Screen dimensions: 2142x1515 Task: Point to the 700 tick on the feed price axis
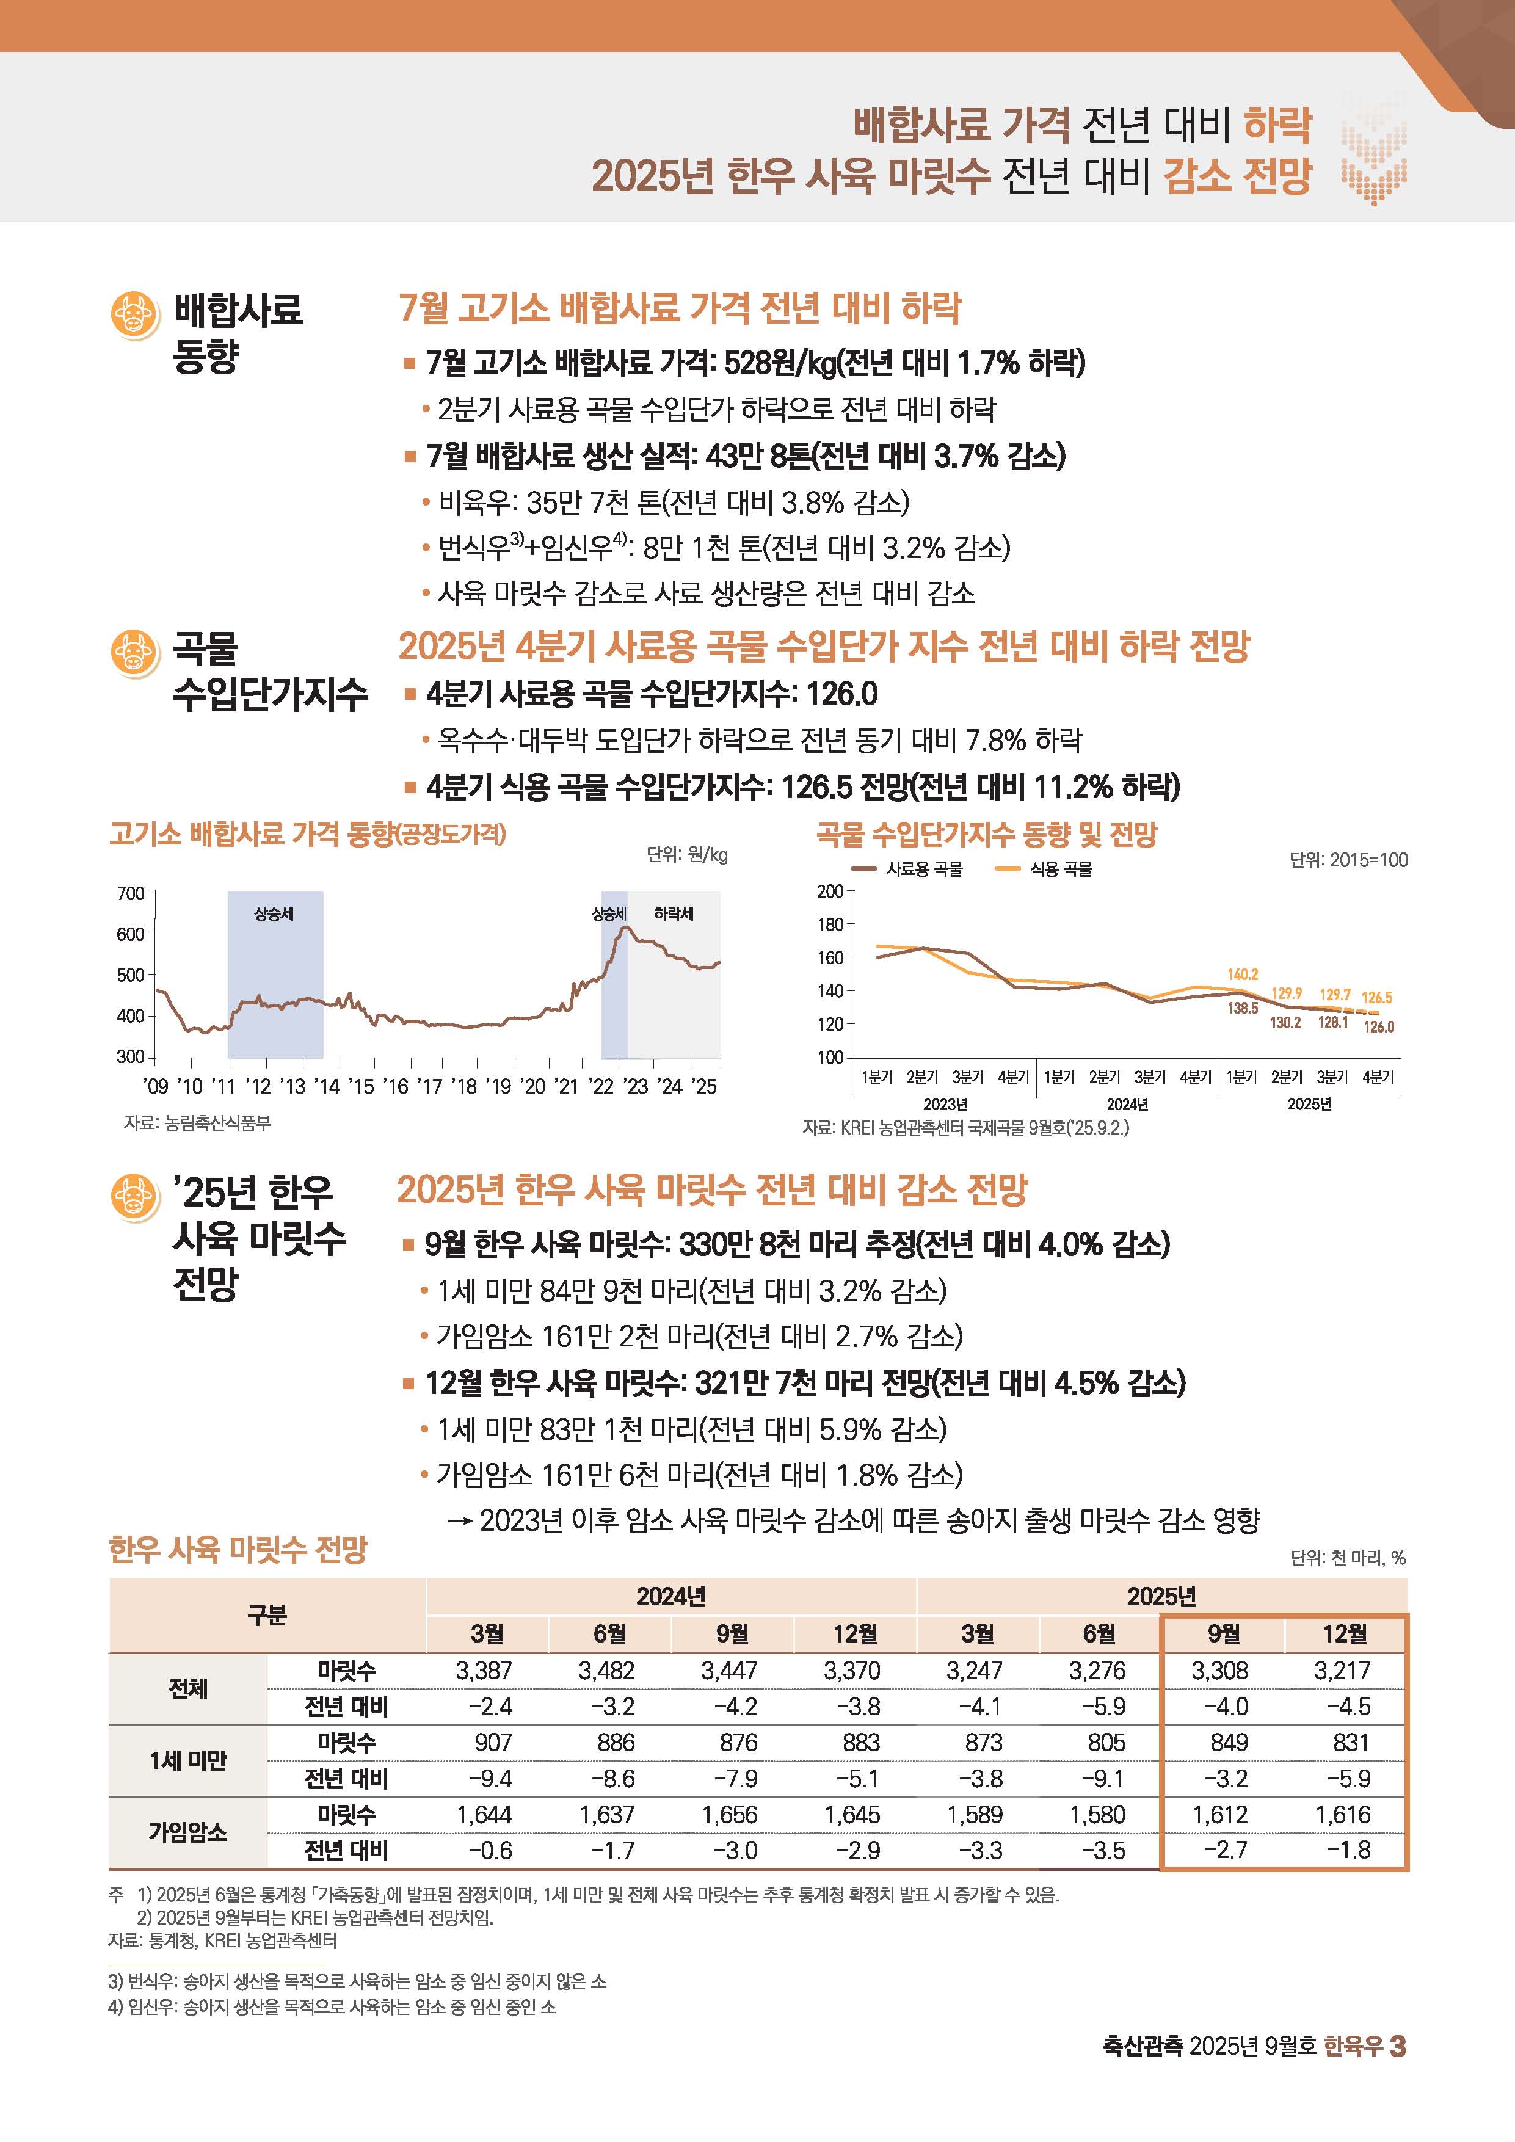[x=131, y=894]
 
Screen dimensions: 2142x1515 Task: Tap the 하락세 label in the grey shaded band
[x=674, y=913]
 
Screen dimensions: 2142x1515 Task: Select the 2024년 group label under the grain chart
[x=1127, y=1105]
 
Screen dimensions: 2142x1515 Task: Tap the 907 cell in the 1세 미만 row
[x=493, y=1742]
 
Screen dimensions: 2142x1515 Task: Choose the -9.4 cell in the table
[x=490, y=1778]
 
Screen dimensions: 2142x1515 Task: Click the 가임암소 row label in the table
[x=187, y=1832]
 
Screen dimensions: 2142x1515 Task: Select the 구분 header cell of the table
[x=267, y=1615]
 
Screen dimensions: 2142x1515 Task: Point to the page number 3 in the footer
[x=1398, y=2046]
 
